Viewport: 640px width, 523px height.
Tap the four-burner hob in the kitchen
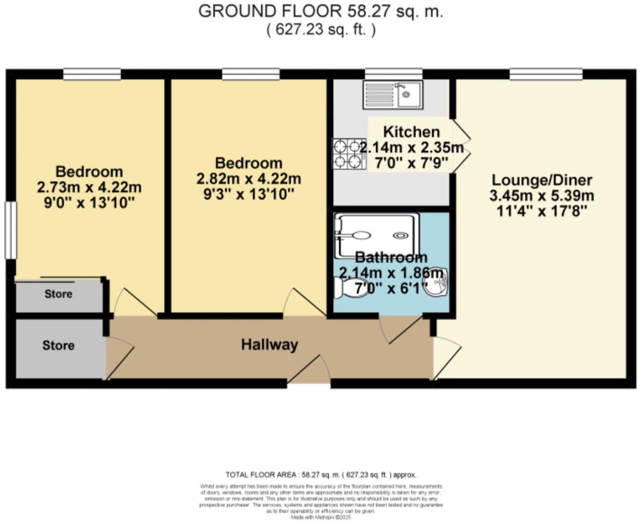coord(348,154)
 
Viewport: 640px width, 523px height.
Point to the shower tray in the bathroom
coord(376,235)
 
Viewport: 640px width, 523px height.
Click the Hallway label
coord(269,344)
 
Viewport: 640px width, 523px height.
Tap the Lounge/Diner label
coord(542,180)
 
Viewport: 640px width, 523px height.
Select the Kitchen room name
coord(411,132)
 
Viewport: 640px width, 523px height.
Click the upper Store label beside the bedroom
coord(58,294)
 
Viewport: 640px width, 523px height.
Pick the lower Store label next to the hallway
coord(58,345)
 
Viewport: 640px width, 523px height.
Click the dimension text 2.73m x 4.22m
coord(89,187)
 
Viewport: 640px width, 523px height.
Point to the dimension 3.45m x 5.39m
coord(542,196)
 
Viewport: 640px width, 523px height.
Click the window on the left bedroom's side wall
coord(9,230)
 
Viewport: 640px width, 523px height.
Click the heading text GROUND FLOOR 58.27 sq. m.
coord(320,11)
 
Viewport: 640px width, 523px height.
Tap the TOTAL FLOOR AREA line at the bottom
coord(321,474)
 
